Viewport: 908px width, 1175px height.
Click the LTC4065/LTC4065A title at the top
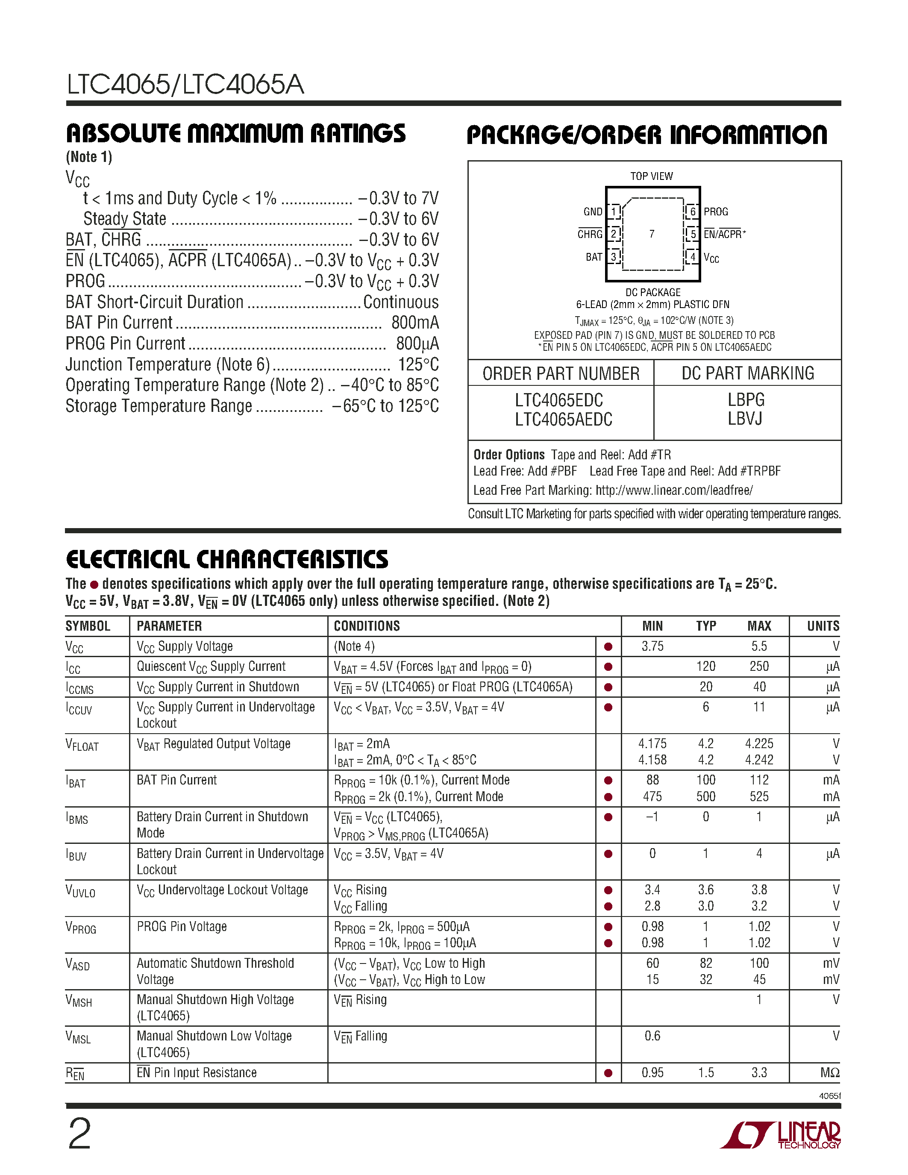pyautogui.click(x=185, y=85)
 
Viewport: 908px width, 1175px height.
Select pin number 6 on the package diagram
pyautogui.click(x=693, y=211)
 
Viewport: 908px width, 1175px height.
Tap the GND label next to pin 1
pyautogui.click(x=593, y=211)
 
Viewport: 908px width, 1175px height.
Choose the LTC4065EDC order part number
pyautogui.click(x=559, y=400)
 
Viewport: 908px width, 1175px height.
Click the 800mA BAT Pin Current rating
pyautogui.click(x=415, y=323)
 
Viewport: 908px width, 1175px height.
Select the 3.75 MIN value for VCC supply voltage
pyautogui.click(x=652, y=646)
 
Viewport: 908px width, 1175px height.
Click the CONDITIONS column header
pyautogui.click(x=367, y=626)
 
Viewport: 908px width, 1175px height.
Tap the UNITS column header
pyautogui.click(x=823, y=626)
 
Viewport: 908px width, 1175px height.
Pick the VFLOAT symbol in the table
pyautogui.click(x=82, y=745)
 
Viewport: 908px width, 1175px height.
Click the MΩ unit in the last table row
pyautogui.click(x=829, y=1073)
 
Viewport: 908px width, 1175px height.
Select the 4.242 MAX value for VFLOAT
pyautogui.click(x=758, y=760)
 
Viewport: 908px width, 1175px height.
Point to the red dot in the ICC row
pyautogui.click(x=608, y=667)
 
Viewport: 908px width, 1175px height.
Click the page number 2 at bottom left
pyautogui.click(x=79, y=1134)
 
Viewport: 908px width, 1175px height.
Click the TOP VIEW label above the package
pyautogui.click(x=652, y=176)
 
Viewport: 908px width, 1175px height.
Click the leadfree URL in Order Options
pyautogui.click(x=674, y=490)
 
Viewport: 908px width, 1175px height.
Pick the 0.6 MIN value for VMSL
pyautogui.click(x=652, y=1036)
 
